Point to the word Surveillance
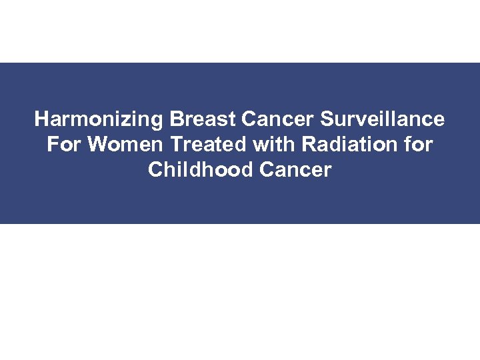383,120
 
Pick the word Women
123,145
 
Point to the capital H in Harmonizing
41,120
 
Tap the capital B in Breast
176,120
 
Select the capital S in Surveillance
327,120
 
